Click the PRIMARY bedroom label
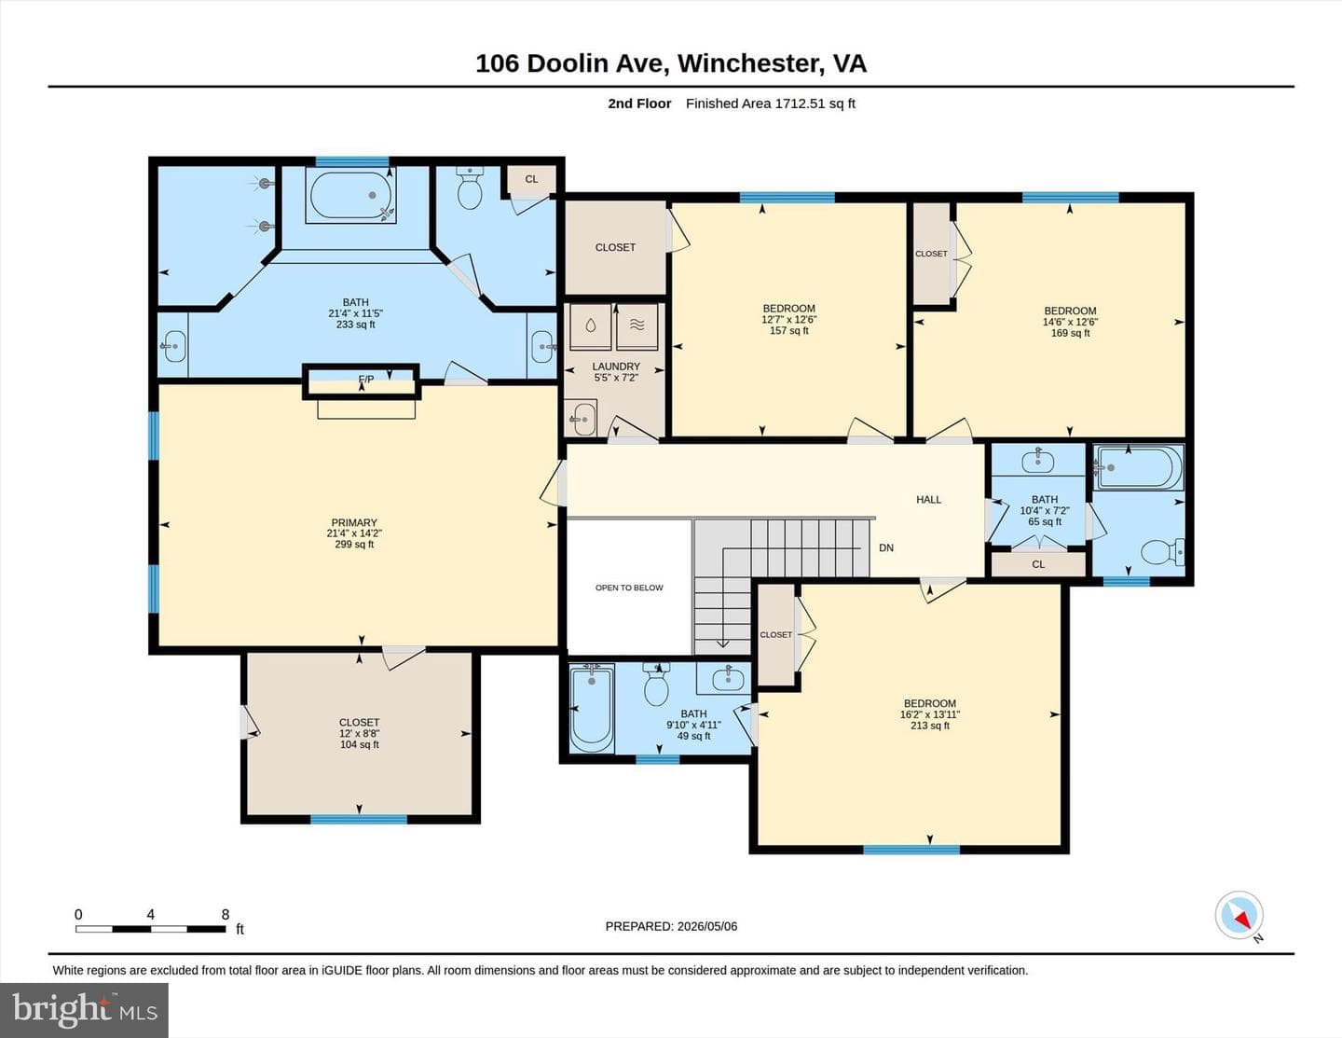pos(354,522)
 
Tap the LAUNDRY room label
pos(616,367)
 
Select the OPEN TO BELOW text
pos(629,588)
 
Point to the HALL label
pos(929,499)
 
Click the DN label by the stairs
pos(886,547)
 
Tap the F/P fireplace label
pos(366,379)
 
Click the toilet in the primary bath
pos(470,187)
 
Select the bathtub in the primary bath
pos(350,195)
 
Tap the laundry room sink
pos(582,418)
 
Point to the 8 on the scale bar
pos(226,914)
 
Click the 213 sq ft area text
pos(930,726)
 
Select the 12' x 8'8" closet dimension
pos(360,733)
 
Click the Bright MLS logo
pos(84,1010)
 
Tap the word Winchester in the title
pos(749,63)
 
